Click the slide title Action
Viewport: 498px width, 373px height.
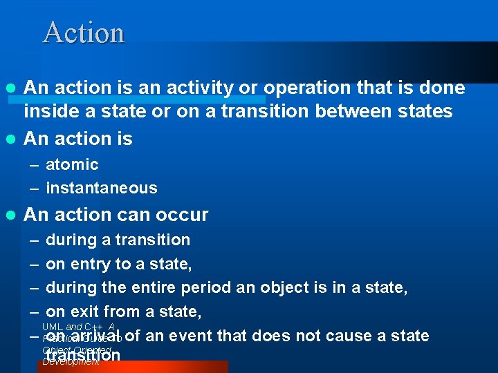click(x=84, y=32)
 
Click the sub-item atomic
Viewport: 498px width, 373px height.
click(x=72, y=164)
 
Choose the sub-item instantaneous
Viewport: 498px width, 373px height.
click(x=102, y=188)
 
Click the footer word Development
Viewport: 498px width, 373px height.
click(x=71, y=362)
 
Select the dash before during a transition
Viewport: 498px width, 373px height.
click(x=34, y=240)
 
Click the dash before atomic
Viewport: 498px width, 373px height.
click(x=34, y=164)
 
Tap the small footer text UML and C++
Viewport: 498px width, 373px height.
click(x=77, y=327)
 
